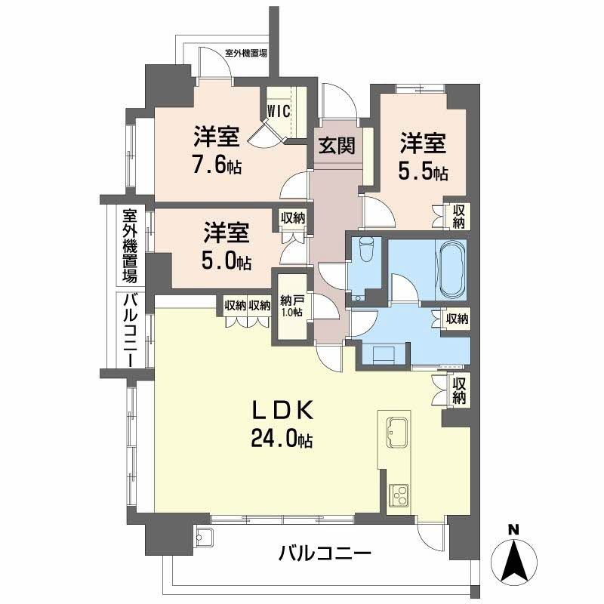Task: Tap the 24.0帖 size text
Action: tap(282, 439)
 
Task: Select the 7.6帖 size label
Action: tap(217, 166)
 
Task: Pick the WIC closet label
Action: tap(279, 112)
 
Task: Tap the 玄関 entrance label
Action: tap(337, 146)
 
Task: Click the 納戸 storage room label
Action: tap(291, 300)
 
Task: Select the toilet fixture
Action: tap(366, 247)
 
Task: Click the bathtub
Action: tap(451, 270)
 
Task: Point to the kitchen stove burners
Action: tap(399, 495)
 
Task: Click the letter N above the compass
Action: tap(513, 531)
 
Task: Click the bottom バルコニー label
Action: tap(325, 553)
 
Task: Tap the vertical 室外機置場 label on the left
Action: tap(130, 246)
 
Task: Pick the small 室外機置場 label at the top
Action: tap(246, 53)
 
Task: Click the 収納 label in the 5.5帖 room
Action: tap(458, 217)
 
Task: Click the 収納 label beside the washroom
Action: tap(458, 319)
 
